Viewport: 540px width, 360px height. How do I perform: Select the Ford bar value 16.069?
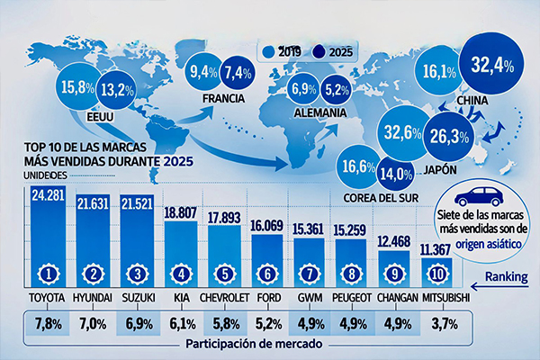click(x=274, y=228)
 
